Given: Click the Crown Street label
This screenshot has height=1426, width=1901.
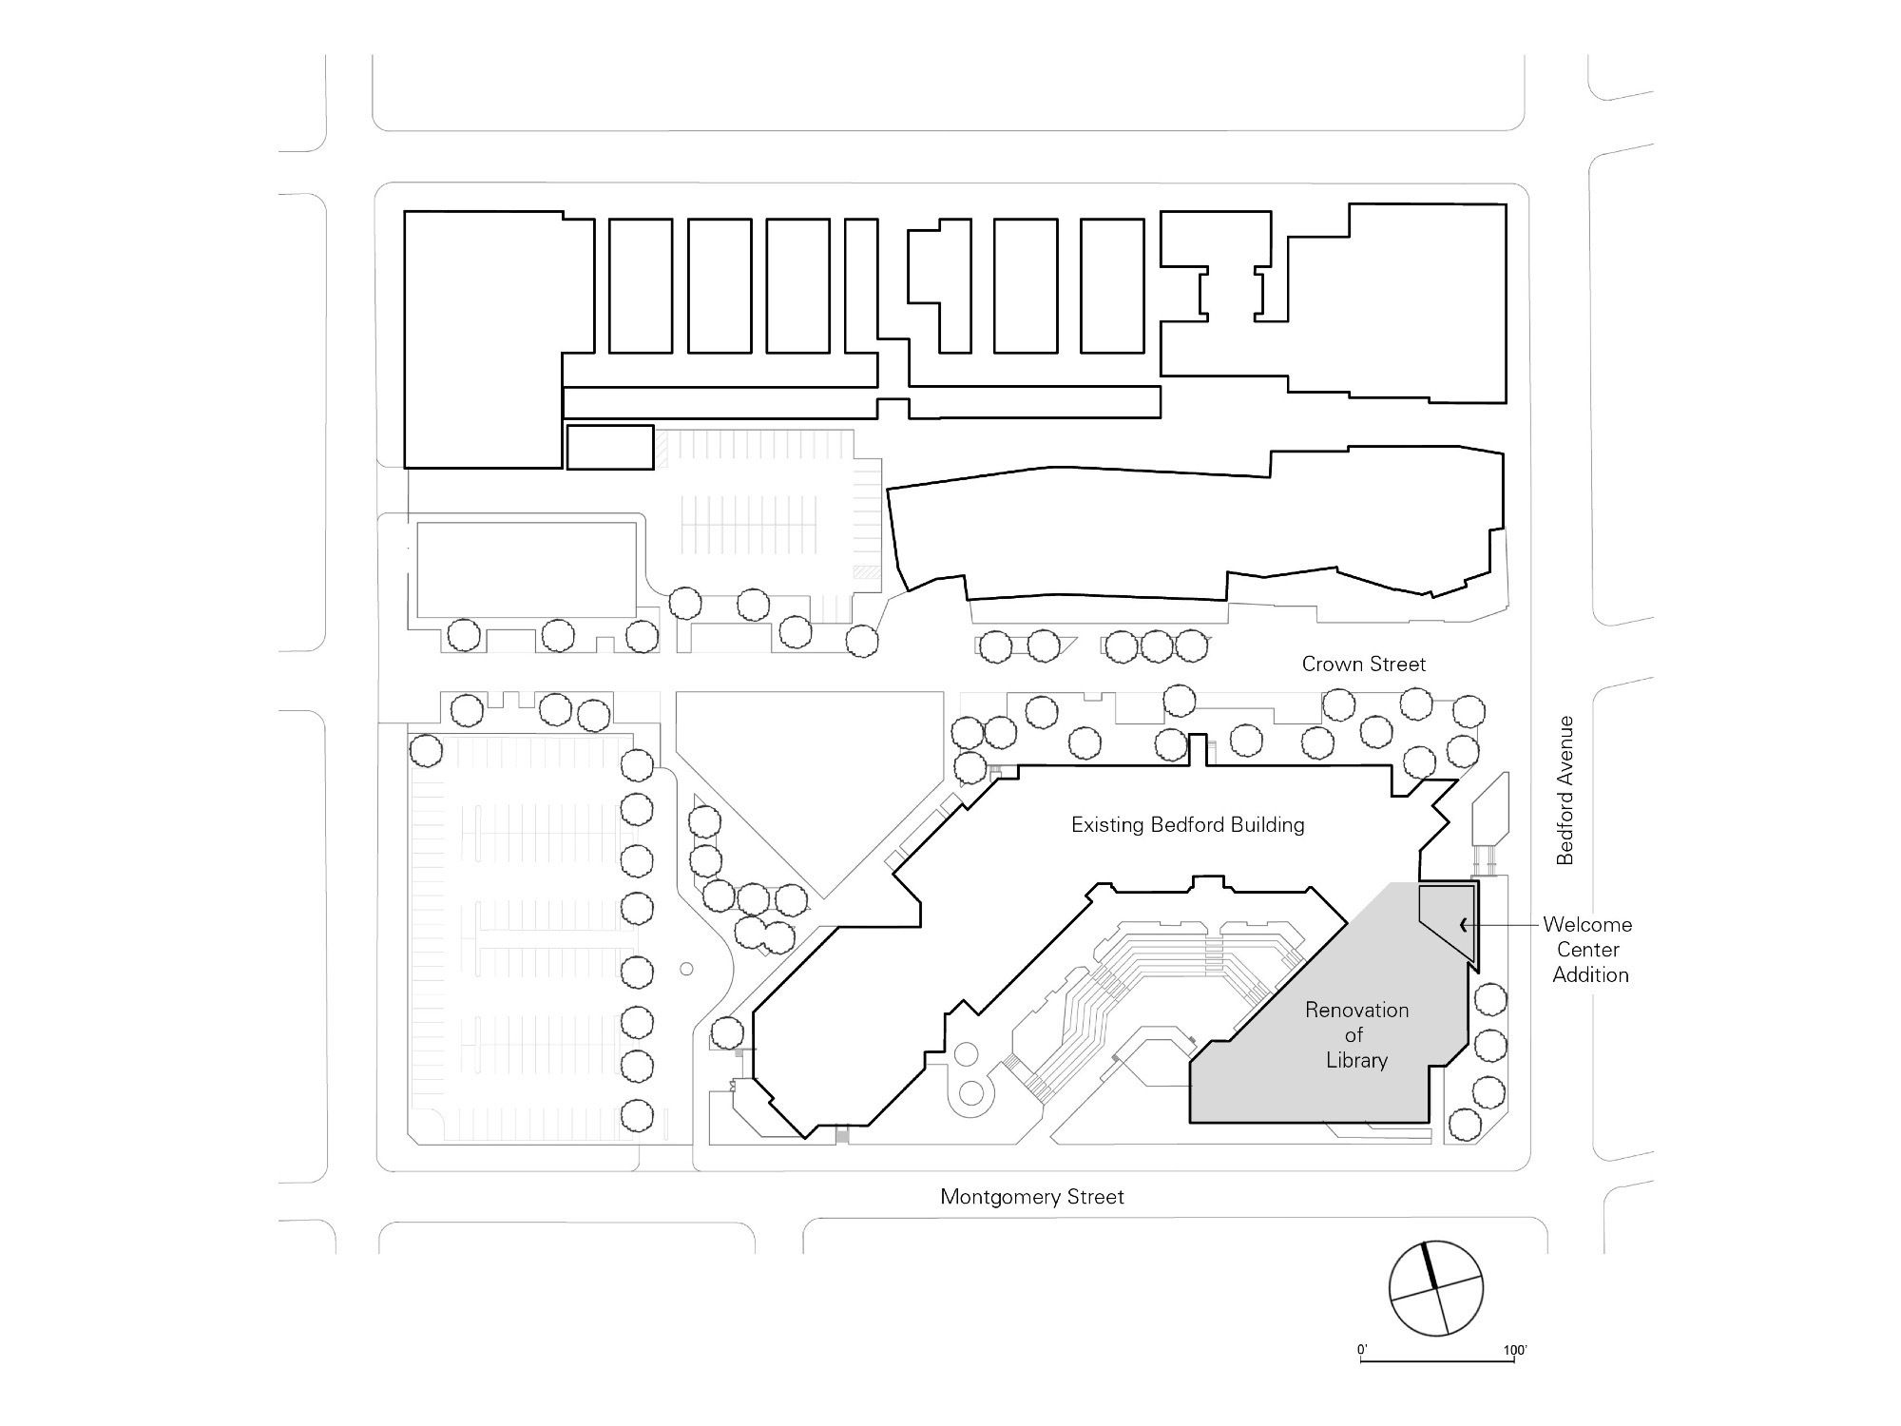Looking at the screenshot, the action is [1364, 665].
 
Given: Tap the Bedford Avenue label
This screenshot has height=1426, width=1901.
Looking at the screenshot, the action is [1565, 790].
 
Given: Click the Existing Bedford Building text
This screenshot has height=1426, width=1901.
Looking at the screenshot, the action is [1188, 825].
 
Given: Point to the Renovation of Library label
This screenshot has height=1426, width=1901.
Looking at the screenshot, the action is [1356, 1035].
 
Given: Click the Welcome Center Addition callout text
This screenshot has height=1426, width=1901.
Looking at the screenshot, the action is [1588, 950].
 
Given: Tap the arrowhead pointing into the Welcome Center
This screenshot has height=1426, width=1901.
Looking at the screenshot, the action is [1464, 924].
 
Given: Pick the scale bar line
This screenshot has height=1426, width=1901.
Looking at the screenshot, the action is [1437, 1362].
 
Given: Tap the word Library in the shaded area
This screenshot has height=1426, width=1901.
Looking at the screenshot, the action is [1357, 1060].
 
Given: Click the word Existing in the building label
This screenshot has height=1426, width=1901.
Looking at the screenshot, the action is [1107, 825].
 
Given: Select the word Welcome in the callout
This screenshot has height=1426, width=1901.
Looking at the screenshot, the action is [1587, 924].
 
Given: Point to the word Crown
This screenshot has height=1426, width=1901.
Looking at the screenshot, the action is [1331, 665].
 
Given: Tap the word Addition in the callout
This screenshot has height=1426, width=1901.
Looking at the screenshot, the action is [1590, 974].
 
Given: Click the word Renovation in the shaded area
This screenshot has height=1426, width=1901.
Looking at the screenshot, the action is [1356, 1010].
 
